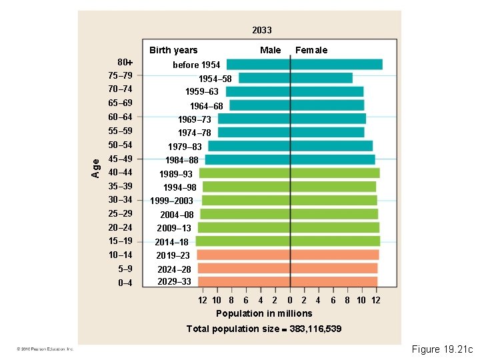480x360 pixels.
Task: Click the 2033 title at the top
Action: coord(262,30)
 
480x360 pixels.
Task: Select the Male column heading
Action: coord(270,50)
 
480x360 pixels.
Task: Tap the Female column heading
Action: coord(311,50)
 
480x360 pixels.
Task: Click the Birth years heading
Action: coord(173,50)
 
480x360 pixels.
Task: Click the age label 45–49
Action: coord(120,159)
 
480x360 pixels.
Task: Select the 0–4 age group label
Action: coord(125,283)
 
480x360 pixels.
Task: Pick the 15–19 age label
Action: coord(120,241)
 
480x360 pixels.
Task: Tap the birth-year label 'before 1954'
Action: coord(197,65)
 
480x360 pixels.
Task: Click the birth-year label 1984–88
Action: coord(182,160)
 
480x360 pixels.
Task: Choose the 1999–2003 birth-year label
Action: coord(171,201)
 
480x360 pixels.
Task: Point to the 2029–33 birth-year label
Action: coord(174,281)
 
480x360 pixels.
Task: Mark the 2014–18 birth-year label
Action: coord(172,242)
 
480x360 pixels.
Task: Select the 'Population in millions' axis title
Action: coord(264,313)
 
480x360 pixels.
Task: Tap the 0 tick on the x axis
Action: coord(290,301)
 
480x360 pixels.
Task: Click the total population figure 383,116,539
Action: coord(316,329)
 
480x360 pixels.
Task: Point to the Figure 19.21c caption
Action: coord(441,349)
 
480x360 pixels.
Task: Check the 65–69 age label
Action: coord(120,103)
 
